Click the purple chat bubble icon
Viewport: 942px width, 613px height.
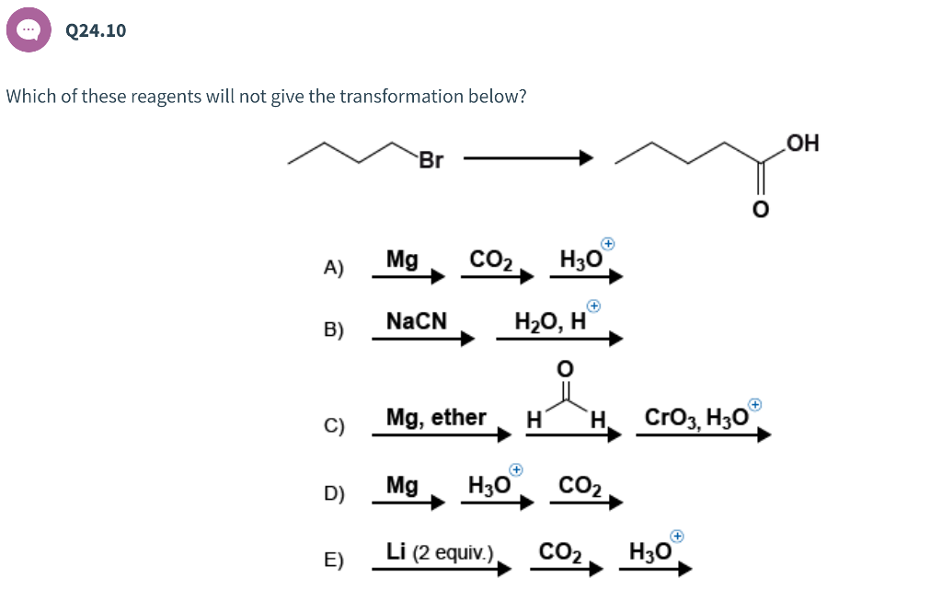coord(29,30)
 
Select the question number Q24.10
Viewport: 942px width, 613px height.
coord(97,30)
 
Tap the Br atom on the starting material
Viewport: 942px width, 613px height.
coord(431,161)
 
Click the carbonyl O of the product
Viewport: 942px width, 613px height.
coord(760,211)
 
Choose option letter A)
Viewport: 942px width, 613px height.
coord(334,269)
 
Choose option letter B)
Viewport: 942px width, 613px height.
coord(334,331)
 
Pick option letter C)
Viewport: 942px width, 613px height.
coord(334,427)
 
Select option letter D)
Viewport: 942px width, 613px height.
coord(334,494)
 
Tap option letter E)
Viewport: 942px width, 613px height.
coord(334,561)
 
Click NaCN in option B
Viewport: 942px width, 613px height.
coord(417,321)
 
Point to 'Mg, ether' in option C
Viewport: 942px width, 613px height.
coord(436,418)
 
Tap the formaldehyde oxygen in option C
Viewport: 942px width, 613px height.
coord(566,368)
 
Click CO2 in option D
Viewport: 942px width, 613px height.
coord(580,485)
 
